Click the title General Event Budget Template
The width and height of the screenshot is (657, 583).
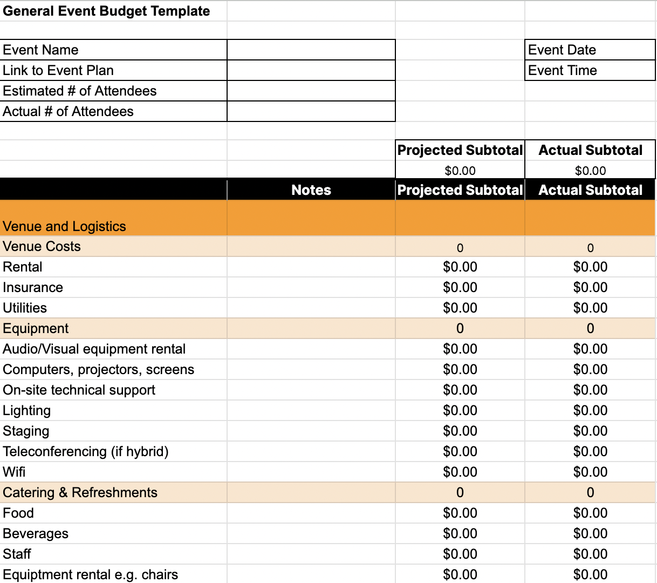tap(106, 11)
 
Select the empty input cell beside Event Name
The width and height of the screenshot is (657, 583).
tap(311, 50)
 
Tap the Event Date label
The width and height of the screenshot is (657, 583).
tap(562, 50)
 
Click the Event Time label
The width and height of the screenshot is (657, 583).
tap(563, 70)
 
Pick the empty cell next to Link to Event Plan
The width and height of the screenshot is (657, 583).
tap(311, 70)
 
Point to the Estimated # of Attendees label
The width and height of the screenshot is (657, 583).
tap(80, 91)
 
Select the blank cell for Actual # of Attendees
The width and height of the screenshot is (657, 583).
tap(311, 111)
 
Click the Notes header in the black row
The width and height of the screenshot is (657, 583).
tap(311, 190)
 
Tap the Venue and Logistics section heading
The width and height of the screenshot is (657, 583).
tap(64, 226)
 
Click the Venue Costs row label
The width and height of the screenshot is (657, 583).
tap(42, 246)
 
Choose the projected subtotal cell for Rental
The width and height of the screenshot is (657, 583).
tap(460, 267)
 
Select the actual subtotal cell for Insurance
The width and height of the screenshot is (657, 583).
tap(590, 287)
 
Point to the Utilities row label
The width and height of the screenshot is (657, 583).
tap(25, 308)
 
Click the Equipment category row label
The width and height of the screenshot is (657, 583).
tap(36, 328)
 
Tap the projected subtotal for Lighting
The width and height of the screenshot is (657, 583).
tap(460, 410)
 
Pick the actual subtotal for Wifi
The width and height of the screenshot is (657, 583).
tap(590, 472)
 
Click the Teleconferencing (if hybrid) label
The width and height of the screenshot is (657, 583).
tap(86, 451)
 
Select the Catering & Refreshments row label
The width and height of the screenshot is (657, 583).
tap(80, 492)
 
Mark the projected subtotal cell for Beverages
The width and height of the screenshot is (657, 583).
tap(460, 533)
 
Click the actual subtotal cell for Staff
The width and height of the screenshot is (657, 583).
tap(590, 554)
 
